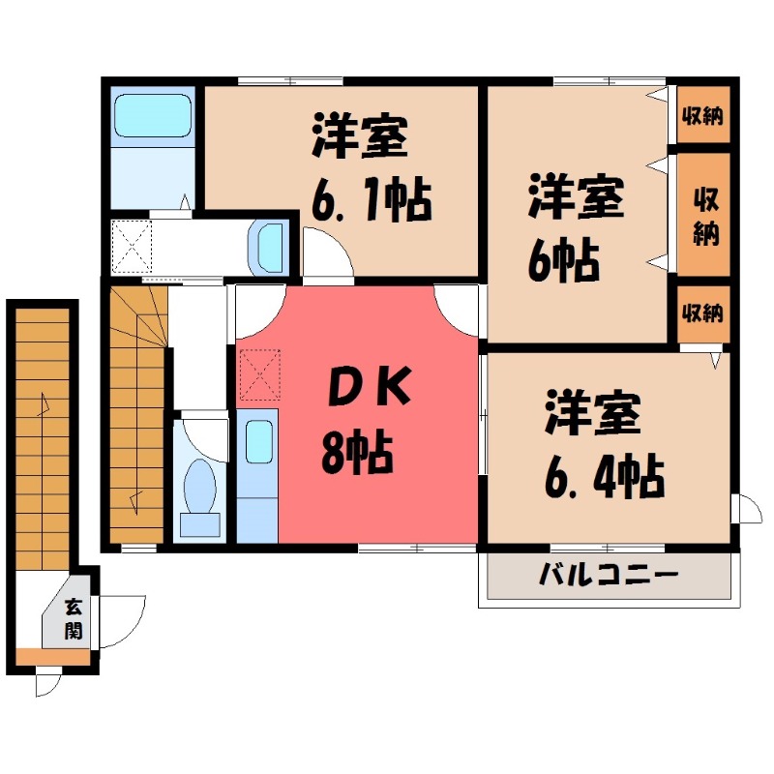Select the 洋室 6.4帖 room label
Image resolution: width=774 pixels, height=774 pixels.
604,444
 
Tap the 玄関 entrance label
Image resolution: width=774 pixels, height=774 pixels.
74,619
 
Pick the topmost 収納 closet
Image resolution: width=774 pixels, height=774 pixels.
701,117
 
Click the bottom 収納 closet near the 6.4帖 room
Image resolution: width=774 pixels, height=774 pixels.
701,313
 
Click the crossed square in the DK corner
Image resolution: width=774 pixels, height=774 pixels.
259,374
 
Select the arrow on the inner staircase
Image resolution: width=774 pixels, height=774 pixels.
135,501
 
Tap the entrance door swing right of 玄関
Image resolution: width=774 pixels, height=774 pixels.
122,619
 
